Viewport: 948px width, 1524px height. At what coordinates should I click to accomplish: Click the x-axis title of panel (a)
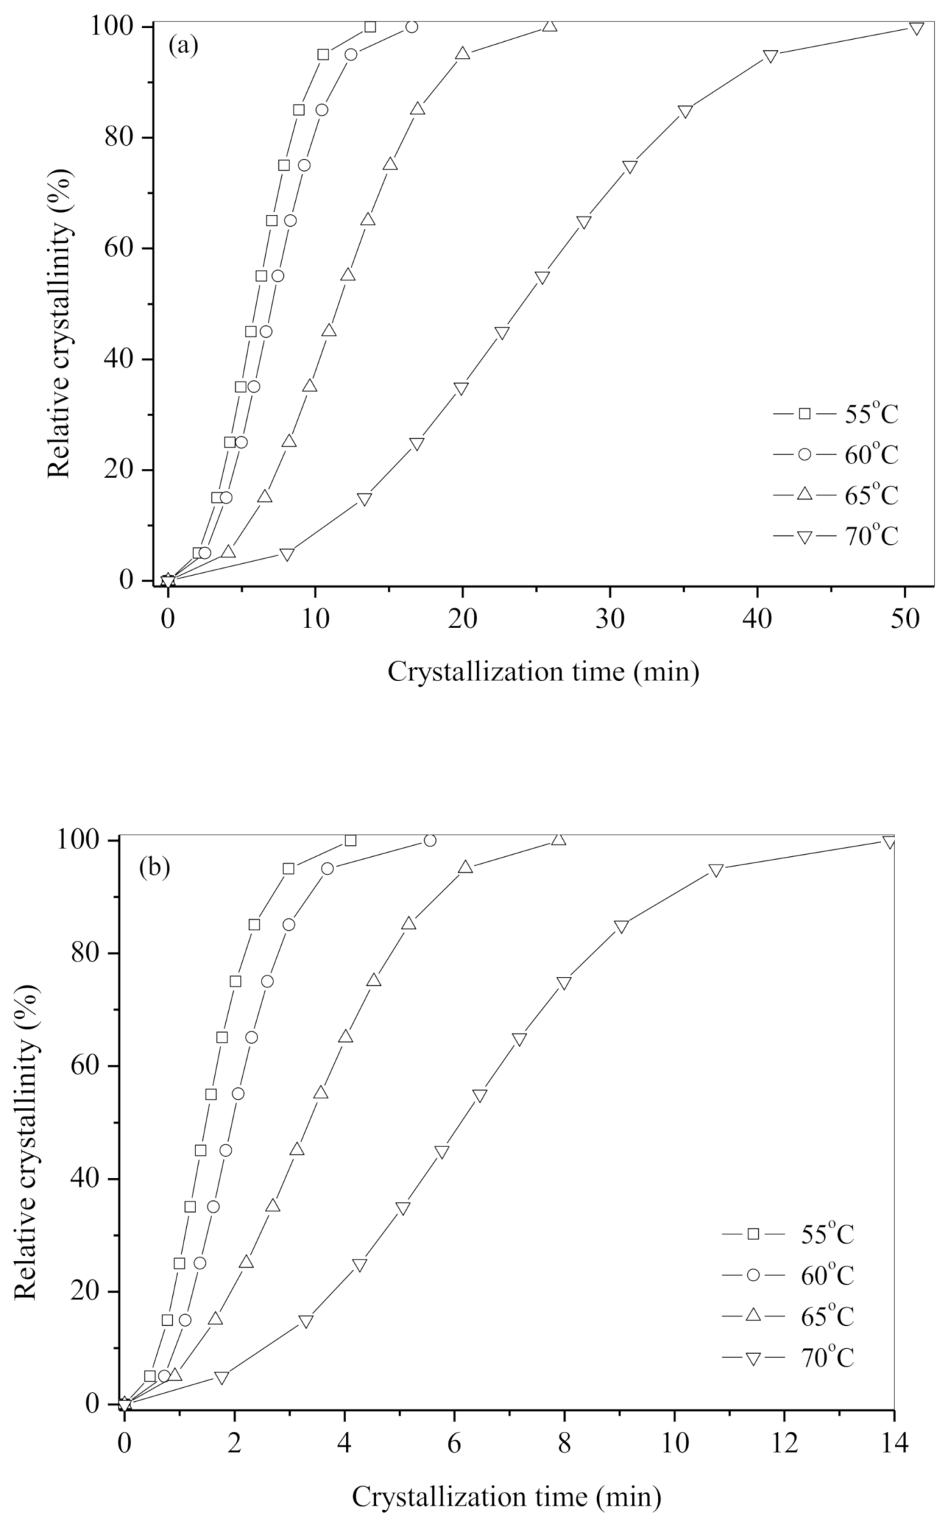(543, 672)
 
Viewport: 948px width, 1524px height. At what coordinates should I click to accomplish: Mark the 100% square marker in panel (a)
(370, 27)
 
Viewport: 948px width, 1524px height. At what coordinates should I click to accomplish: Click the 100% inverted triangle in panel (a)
(917, 28)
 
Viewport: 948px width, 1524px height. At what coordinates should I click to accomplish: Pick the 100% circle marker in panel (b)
(430, 840)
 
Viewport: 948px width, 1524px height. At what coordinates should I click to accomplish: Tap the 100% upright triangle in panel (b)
(558, 839)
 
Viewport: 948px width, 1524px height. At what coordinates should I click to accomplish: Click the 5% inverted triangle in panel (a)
(287, 554)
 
